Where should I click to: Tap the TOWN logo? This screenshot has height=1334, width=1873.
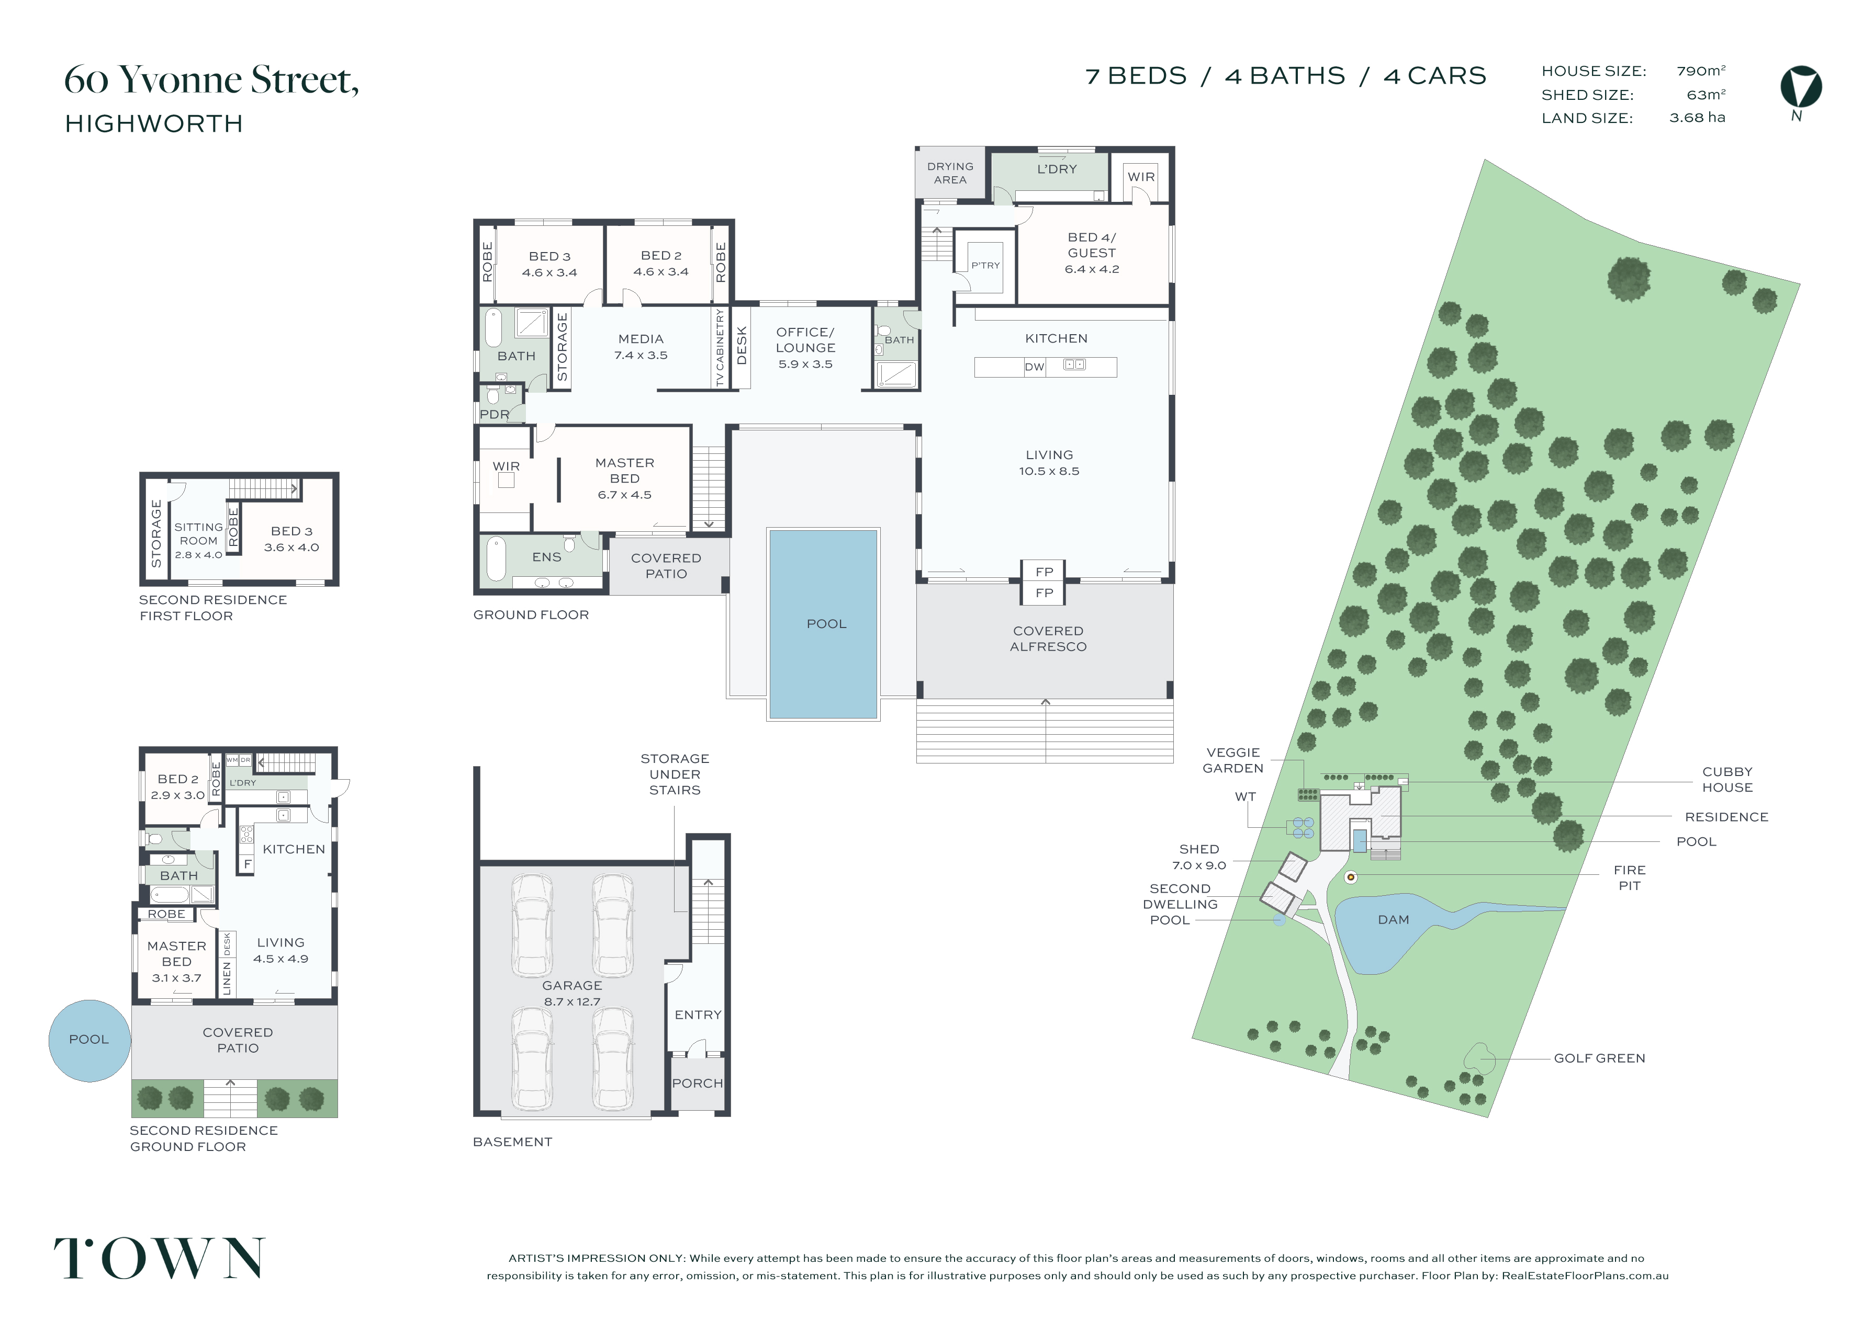tap(160, 1258)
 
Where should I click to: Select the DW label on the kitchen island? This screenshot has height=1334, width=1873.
tap(1034, 367)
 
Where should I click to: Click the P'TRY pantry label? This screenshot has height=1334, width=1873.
tap(985, 265)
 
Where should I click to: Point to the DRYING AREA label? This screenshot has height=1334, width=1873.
tap(950, 173)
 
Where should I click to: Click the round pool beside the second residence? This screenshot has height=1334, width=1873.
tap(89, 1040)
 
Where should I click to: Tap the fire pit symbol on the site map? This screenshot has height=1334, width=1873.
tap(1350, 877)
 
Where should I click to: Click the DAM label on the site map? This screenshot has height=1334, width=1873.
tap(1393, 920)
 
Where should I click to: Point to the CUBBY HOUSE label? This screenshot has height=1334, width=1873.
tap(1728, 780)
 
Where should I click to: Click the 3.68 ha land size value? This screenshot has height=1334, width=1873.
tap(1697, 118)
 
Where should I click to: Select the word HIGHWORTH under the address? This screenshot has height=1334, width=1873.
tap(154, 123)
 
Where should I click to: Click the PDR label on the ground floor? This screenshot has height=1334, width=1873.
tap(495, 415)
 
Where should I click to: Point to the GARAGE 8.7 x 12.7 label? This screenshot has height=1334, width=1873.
tap(572, 993)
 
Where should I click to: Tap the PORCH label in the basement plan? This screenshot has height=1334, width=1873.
tap(698, 1084)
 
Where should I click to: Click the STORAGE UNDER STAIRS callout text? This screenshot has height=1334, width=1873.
tap(675, 774)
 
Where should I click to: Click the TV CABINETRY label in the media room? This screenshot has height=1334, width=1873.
tap(720, 347)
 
